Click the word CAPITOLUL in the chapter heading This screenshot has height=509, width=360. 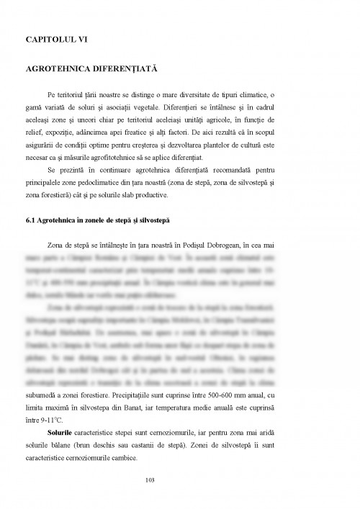click(52, 36)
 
